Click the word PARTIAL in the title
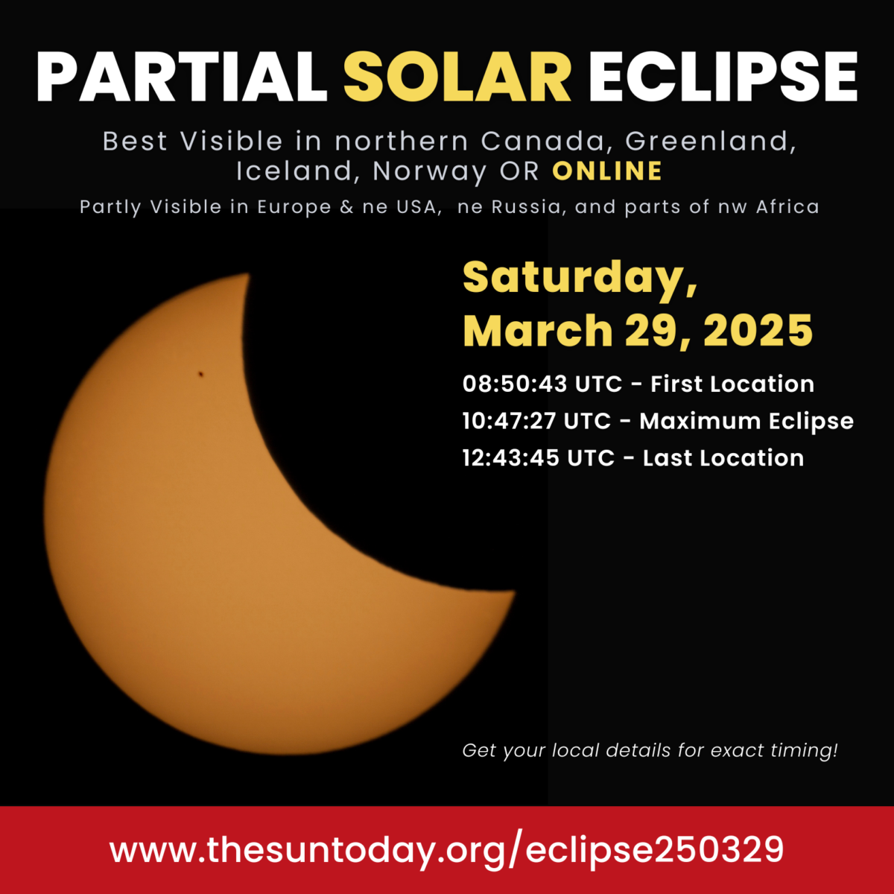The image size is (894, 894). pos(181,77)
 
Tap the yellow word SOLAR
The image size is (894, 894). pos(457,77)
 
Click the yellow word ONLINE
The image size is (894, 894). pos(607,171)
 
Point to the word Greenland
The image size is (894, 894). pos(711,141)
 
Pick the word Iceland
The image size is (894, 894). pos(294,171)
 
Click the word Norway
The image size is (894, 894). pos(430,171)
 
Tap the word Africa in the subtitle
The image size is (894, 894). pos(787,206)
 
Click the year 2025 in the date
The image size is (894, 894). pos(758,330)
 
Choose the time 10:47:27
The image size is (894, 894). pos(509,421)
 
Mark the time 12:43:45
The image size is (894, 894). pos(510,457)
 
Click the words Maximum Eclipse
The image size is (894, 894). pos(746,422)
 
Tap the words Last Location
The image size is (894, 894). pos(723,457)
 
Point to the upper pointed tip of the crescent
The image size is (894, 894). pos(247,276)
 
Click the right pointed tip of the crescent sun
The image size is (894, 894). pos(513,594)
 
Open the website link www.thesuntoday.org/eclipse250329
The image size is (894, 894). pos(447,850)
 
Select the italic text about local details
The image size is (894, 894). pos(650,750)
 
